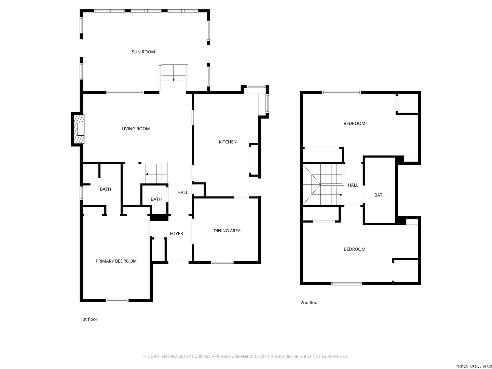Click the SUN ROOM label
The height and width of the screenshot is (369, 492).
click(143, 52)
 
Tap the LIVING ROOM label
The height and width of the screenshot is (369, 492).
click(136, 129)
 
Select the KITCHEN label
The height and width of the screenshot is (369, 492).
click(228, 142)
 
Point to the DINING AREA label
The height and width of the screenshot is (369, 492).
click(227, 231)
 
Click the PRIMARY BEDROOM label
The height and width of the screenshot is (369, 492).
click(116, 261)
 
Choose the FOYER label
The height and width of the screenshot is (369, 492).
click(176, 234)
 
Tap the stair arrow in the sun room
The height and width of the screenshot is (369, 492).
click(174, 79)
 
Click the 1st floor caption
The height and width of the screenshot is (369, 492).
click(89, 319)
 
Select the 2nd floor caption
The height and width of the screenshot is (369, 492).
click(310, 302)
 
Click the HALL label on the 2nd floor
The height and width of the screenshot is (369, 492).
click(353, 185)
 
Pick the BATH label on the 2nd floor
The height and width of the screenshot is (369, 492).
click(380, 195)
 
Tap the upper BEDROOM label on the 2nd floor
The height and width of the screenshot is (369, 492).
click(354, 123)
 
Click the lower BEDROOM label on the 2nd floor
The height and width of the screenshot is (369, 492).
click(354, 249)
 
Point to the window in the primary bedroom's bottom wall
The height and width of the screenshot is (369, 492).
click(117, 300)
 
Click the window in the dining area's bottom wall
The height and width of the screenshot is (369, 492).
click(222, 262)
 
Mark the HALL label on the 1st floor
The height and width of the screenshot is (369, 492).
click(182, 193)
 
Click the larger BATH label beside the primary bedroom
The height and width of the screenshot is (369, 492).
click(105, 189)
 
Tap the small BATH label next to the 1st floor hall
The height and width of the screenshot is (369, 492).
click(156, 199)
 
